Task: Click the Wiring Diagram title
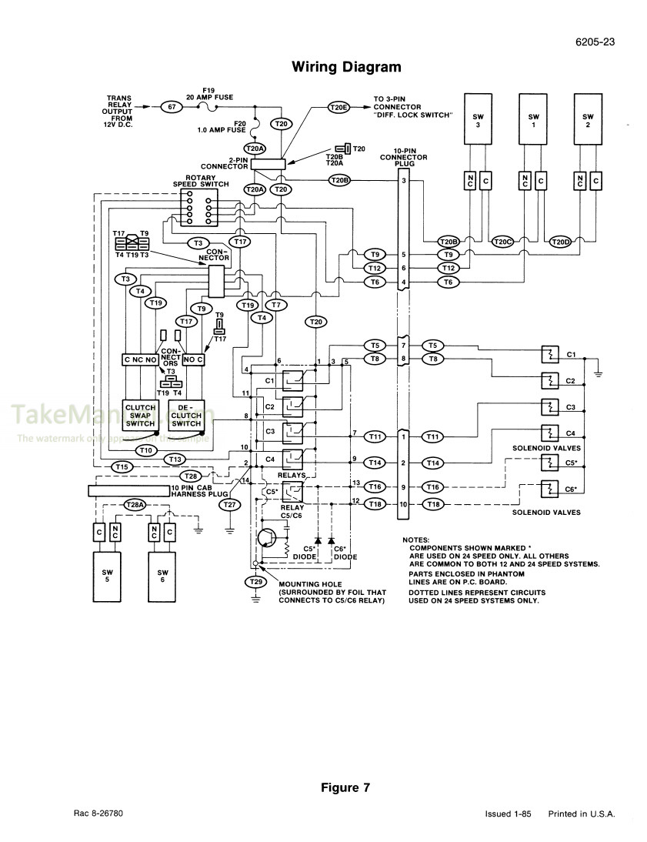346,67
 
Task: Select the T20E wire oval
339,108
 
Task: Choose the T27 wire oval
229,504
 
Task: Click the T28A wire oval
135,504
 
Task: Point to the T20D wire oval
562,241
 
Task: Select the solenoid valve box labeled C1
549,355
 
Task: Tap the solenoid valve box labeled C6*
549,489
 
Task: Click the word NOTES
416,540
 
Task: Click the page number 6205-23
593,42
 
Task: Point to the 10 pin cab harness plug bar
129,491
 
